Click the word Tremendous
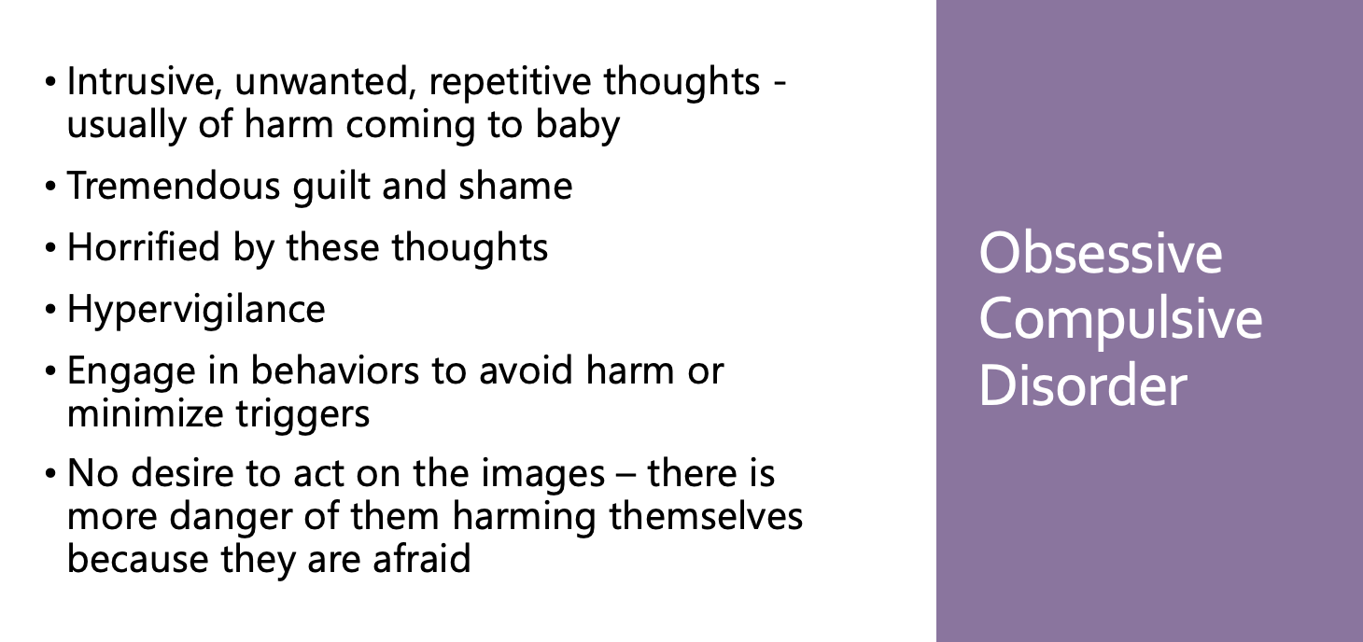174,186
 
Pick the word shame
515,186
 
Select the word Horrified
144,247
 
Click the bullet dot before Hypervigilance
50,310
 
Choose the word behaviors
335,370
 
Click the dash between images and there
626,475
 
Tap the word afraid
422,558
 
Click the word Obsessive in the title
1101,253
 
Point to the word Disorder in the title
1083,385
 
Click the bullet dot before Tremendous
50,187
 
